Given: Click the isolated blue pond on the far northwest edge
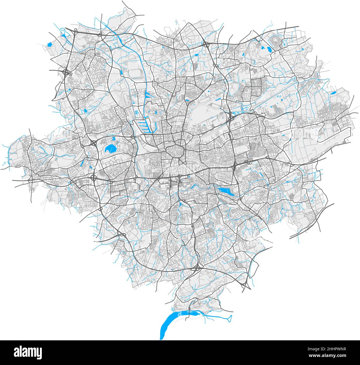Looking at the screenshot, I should pyautogui.click(x=50, y=44).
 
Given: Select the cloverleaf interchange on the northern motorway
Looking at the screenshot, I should pyautogui.click(x=206, y=44).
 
